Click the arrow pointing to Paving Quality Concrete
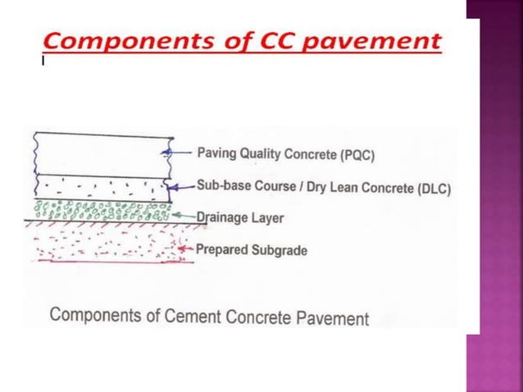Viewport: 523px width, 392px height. [181, 152]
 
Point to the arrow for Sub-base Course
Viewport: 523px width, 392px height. [183, 186]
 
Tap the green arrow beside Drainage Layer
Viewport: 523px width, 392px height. [184, 217]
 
